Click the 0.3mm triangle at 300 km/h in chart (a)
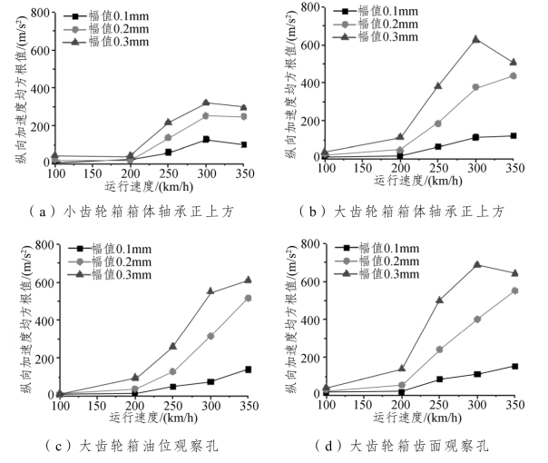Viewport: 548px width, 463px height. tap(206, 103)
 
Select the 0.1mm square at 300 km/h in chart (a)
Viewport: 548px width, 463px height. tap(206, 139)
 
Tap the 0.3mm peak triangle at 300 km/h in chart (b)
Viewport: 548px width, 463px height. tap(475, 40)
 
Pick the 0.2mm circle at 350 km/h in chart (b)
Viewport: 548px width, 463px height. tap(514, 75)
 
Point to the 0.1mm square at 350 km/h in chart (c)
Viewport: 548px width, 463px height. tap(248, 369)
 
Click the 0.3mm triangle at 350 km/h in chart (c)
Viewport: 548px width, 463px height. tap(248, 280)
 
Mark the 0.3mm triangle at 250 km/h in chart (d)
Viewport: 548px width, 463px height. tap(440, 300)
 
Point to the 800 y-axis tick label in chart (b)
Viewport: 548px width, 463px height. tap(311, 8)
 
